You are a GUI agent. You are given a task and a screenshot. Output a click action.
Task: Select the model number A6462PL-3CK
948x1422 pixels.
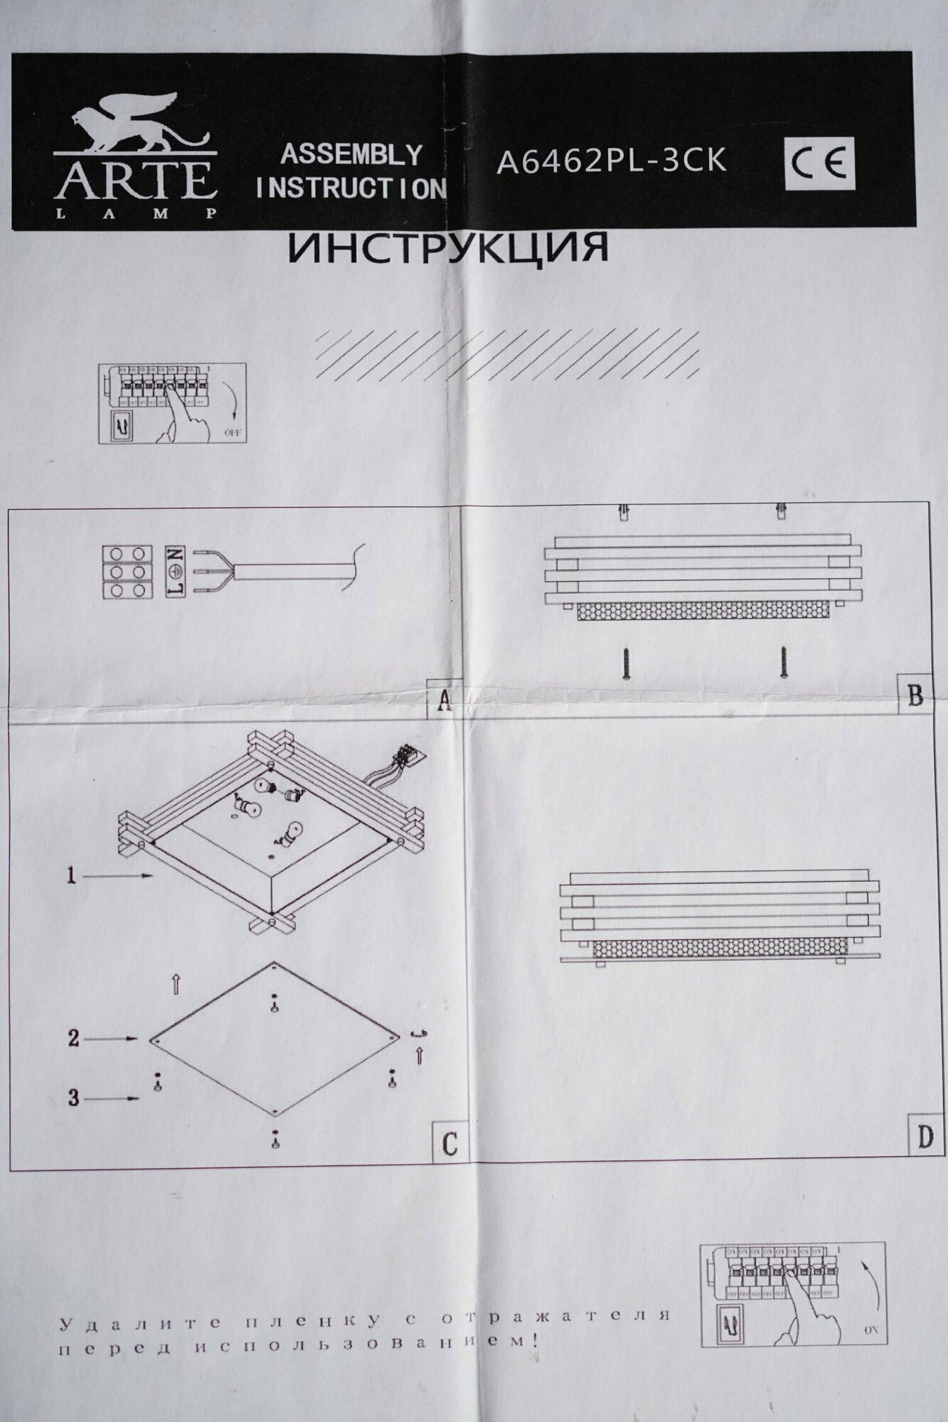611,161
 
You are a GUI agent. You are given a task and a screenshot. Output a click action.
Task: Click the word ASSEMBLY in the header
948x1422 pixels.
351,154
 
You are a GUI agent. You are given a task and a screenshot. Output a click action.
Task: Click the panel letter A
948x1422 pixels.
444,700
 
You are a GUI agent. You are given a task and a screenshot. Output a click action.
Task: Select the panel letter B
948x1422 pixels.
915,695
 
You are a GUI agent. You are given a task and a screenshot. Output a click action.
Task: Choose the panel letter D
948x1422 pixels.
925,1138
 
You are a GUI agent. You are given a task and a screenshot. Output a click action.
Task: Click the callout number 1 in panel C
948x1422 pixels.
71,876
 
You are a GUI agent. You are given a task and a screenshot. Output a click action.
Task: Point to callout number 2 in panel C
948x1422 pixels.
73,1039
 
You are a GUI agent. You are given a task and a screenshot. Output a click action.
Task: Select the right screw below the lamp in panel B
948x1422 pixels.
784,662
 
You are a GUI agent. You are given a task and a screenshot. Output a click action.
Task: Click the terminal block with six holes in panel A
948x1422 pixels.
127,572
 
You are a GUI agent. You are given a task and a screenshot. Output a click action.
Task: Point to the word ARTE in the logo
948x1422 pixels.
135,180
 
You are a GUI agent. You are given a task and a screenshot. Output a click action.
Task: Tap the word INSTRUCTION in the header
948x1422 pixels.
351,188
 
